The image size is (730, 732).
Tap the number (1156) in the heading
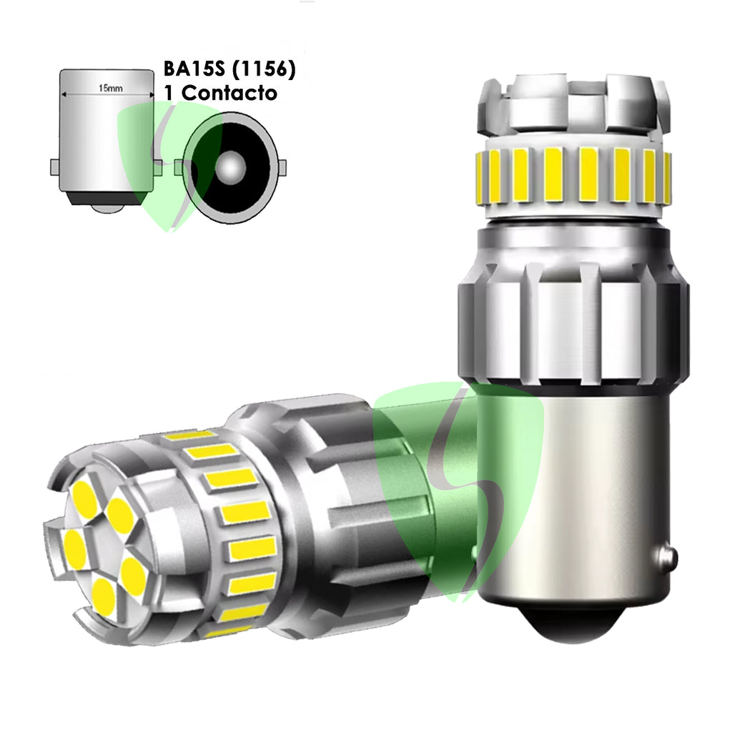(263, 69)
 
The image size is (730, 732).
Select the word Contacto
(229, 93)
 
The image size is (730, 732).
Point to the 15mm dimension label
(111, 88)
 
